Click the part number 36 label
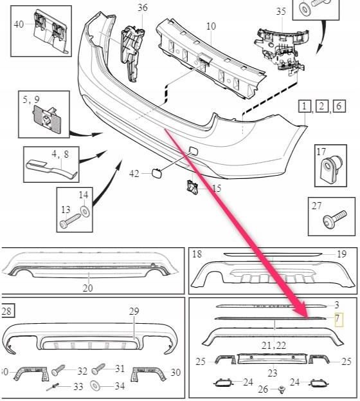142,7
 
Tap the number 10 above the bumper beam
211,26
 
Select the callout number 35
281,12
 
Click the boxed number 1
305,106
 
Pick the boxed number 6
339,106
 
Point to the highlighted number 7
338,319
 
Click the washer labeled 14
84,211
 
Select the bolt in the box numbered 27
335,219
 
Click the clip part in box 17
330,167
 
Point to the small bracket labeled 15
193,187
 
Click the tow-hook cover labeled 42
157,173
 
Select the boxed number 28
7,312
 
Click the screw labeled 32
59,370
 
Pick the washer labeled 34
96,386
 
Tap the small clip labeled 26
282,389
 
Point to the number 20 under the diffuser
87,288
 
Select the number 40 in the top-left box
19,24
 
